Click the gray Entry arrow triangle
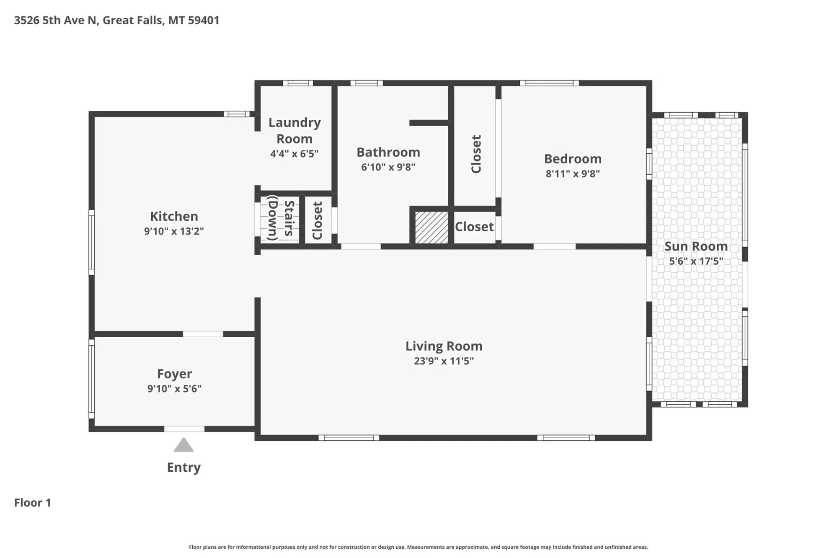183,445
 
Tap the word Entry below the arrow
184,468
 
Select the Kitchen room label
174,216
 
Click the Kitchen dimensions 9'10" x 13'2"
174,231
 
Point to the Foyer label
174,374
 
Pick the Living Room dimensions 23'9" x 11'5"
444,361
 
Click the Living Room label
444,346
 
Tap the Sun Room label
696,246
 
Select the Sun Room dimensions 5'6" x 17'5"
696,261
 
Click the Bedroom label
573,159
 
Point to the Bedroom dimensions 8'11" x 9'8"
573,174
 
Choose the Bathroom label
388,152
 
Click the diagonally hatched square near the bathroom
431,227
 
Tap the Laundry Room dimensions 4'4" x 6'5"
294,154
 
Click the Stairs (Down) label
281,218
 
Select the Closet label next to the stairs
317,221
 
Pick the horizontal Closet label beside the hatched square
474,227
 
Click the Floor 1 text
33,503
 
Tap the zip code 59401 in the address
204,21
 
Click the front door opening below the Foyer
184,429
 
